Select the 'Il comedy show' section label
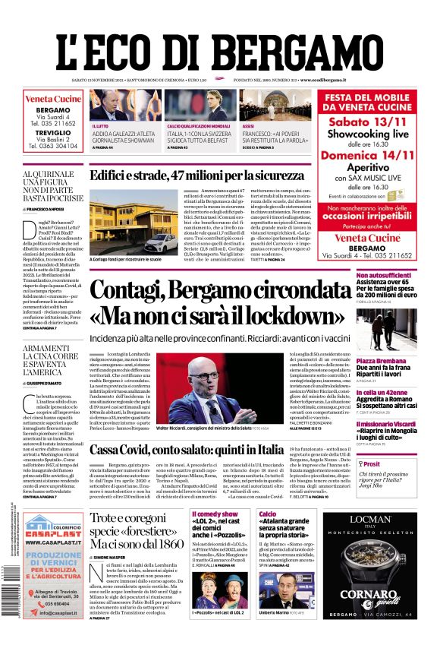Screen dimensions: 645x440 [x=214, y=514]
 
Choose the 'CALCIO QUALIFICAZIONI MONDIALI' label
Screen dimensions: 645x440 [x=199, y=125]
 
